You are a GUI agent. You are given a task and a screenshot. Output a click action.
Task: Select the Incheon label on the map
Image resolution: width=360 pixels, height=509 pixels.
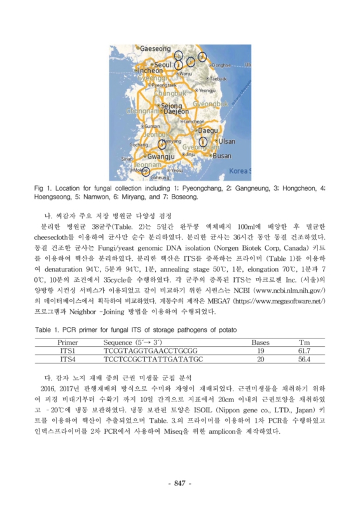[150, 71]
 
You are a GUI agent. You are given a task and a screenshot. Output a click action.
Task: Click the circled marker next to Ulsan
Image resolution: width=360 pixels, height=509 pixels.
[202, 141]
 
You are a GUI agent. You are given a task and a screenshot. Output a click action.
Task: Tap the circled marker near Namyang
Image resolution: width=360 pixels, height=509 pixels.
[162, 144]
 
